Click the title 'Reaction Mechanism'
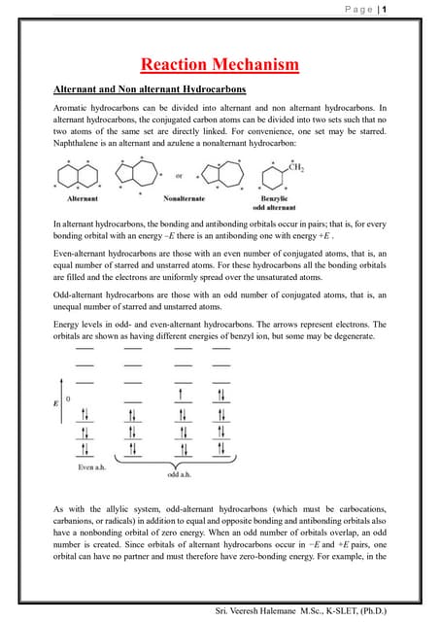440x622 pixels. [x=220, y=66]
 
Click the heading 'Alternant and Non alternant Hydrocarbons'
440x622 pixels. [x=149, y=89]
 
